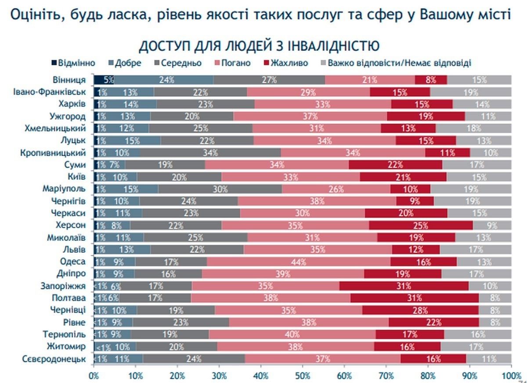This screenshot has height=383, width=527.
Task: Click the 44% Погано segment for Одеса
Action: tap(299, 262)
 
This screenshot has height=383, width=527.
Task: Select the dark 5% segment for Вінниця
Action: tap(104, 80)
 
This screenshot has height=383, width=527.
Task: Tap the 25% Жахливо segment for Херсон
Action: tap(421, 226)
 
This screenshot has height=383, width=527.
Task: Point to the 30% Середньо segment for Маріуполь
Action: tap(220, 189)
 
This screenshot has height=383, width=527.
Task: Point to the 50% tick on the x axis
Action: tap(303, 376)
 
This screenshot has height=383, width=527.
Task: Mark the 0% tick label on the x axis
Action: tap(94, 376)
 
